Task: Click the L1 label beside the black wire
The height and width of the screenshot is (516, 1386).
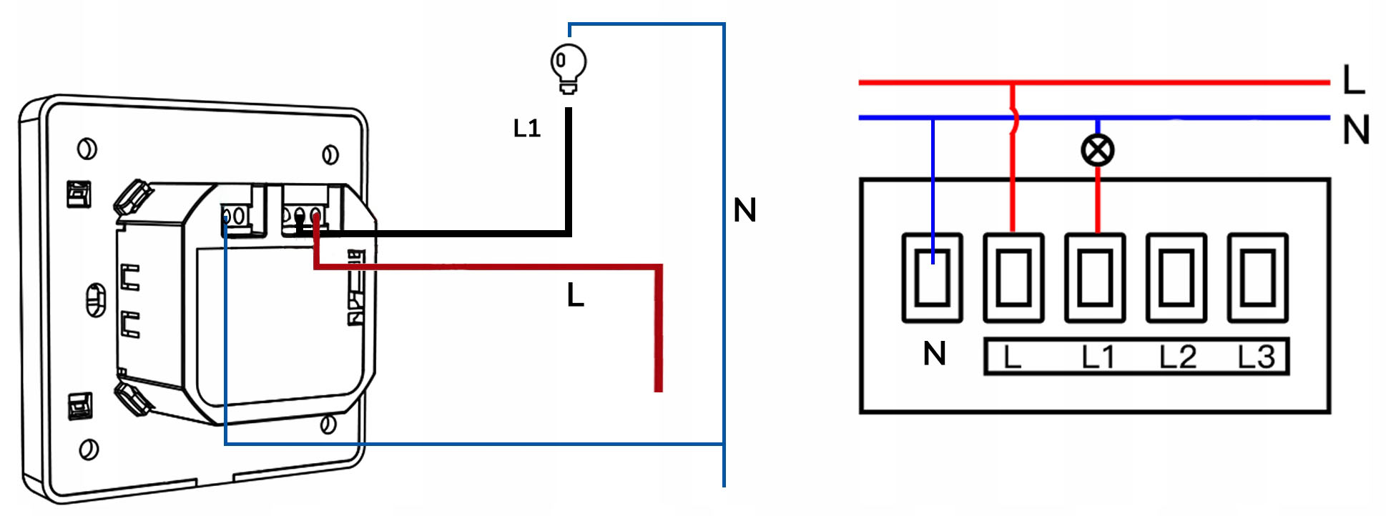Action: pyautogui.click(x=527, y=129)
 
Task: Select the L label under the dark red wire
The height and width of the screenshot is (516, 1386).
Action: pyautogui.click(x=576, y=294)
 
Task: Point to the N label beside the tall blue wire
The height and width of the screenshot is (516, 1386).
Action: pyautogui.click(x=744, y=210)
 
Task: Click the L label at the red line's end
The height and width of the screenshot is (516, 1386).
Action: pyautogui.click(x=1353, y=80)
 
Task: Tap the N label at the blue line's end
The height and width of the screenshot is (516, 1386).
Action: pyautogui.click(x=1355, y=130)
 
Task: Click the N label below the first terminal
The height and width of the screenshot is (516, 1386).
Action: pyautogui.click(x=934, y=354)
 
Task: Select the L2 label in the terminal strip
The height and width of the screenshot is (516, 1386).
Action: pyautogui.click(x=1177, y=357)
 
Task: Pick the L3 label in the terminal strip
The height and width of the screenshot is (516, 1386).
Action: pyautogui.click(x=1257, y=357)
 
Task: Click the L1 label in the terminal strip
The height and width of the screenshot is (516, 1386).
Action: pyautogui.click(x=1098, y=357)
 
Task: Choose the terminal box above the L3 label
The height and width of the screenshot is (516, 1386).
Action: pyautogui.click(x=1257, y=277)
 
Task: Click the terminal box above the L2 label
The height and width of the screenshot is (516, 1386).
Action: pyautogui.click(x=1176, y=277)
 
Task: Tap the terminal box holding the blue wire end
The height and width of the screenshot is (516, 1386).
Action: pyautogui.click(x=932, y=277)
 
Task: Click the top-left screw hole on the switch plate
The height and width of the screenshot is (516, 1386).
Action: pyautogui.click(x=87, y=149)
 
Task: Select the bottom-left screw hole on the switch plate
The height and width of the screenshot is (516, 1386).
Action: pyautogui.click(x=89, y=450)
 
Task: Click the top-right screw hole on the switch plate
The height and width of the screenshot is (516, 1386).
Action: pyautogui.click(x=330, y=154)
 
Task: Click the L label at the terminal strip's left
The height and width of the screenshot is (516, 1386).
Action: pyautogui.click(x=1011, y=357)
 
